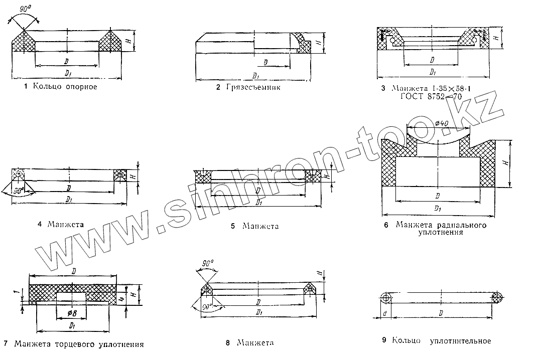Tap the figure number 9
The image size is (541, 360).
point(384,341)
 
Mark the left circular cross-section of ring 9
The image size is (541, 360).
point(386,297)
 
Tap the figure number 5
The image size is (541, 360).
point(233,226)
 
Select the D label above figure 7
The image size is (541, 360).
point(73,271)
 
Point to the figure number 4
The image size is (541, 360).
point(39,224)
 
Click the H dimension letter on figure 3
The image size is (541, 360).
point(496,37)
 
